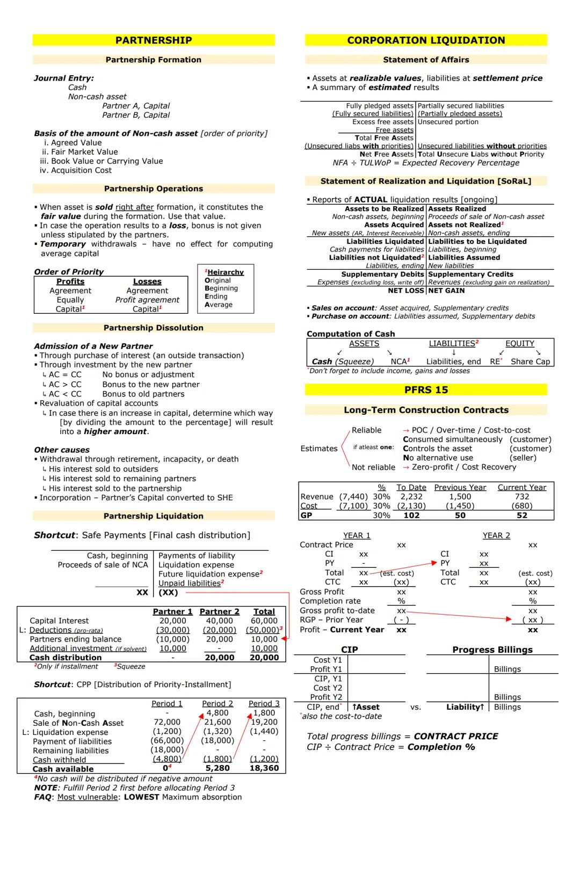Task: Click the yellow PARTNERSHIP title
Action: pyautogui.click(x=154, y=40)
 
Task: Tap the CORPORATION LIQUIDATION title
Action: pyautogui.click(x=426, y=40)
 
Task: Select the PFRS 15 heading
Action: pyautogui.click(x=426, y=390)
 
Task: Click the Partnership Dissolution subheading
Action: pyautogui.click(x=154, y=328)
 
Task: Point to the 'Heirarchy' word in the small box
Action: pyautogui.click(x=226, y=272)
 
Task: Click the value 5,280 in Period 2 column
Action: pyautogui.click(x=218, y=768)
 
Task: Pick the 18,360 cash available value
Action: pyautogui.click(x=264, y=768)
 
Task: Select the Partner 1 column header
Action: pyautogui.click(x=172, y=611)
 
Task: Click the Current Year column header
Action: pyautogui.click(x=521, y=487)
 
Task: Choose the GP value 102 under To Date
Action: pyautogui.click(x=411, y=515)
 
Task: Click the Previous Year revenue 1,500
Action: pyautogui.click(x=460, y=497)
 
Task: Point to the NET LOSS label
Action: pyautogui.click(x=406, y=291)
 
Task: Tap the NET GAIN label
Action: pyautogui.click(x=447, y=291)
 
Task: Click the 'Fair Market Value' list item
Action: pyautogui.click(x=80, y=152)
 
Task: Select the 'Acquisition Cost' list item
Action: pyautogui.click(x=81, y=170)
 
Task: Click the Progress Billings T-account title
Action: pyautogui.click(x=492, y=650)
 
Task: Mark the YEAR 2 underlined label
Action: pyautogui.click(x=496, y=536)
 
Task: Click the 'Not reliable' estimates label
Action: pyautogui.click(x=373, y=467)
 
